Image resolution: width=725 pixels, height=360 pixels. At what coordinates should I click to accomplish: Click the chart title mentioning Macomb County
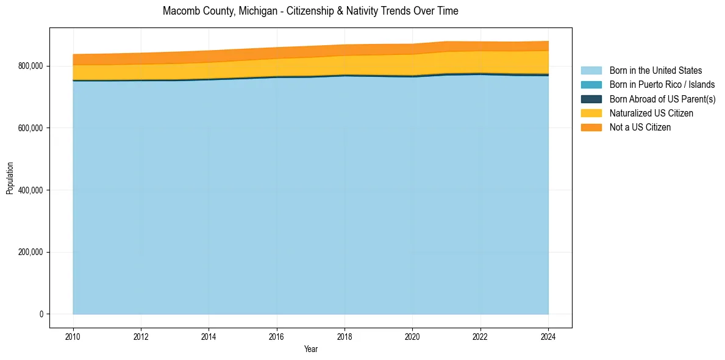click(310, 11)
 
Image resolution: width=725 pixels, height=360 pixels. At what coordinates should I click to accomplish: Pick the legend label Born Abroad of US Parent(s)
click(662, 99)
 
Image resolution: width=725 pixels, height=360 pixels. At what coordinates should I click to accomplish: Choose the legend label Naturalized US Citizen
click(651, 113)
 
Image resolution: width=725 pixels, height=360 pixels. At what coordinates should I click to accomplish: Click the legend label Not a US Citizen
click(640, 127)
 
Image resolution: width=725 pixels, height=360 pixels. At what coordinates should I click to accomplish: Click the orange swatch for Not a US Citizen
click(591, 127)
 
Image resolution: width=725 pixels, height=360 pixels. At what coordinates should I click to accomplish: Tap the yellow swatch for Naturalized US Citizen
click(591, 113)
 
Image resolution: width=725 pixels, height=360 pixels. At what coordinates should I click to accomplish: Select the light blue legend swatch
click(591, 71)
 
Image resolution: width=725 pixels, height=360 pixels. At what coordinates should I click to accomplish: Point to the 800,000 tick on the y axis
click(31, 66)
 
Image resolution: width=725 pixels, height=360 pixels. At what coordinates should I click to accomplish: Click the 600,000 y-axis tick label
click(31, 128)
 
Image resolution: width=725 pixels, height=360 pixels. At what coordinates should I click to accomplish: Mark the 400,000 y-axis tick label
click(31, 190)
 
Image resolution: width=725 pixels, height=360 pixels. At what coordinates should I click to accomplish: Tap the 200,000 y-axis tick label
click(31, 252)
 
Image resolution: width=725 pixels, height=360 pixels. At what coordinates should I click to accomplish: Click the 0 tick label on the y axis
click(41, 314)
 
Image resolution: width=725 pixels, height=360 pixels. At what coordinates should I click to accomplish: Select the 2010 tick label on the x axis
click(73, 336)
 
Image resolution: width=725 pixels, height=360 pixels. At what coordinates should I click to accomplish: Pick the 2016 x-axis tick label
click(277, 336)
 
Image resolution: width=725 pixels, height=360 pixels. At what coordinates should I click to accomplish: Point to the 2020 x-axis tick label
click(413, 336)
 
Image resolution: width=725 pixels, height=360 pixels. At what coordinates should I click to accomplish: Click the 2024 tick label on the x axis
click(549, 336)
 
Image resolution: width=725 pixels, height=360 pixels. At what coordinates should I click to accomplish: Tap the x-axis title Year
click(310, 349)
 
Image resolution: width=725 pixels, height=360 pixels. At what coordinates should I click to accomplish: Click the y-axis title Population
click(10, 178)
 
